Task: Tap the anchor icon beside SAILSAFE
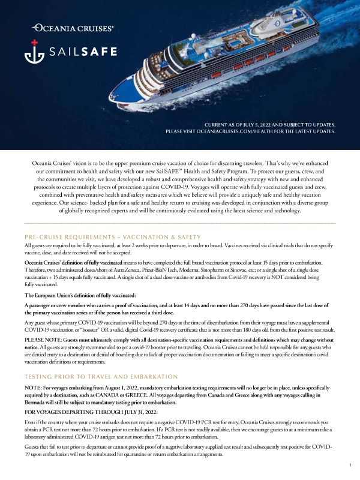33,52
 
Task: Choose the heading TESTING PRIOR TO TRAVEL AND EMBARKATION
101,376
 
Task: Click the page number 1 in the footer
350,465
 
